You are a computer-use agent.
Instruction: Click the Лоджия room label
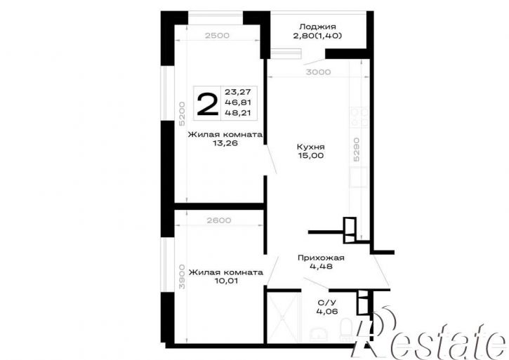click(x=317, y=27)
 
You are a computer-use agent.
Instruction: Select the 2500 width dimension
click(x=217, y=36)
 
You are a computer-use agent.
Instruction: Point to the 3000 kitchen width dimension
click(x=318, y=72)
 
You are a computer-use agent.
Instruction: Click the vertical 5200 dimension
click(x=182, y=114)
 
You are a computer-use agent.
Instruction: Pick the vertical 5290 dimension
click(x=357, y=149)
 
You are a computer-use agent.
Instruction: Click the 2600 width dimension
click(x=219, y=221)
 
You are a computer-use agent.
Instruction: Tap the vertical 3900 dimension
click(x=182, y=276)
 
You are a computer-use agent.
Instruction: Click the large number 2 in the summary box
click(x=207, y=104)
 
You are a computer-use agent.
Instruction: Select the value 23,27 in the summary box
click(x=238, y=92)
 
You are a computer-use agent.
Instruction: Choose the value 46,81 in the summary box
click(x=238, y=102)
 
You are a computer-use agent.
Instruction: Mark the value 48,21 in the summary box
click(x=238, y=113)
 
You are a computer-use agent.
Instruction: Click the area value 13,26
click(x=225, y=143)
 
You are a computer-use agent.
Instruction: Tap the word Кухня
click(x=310, y=147)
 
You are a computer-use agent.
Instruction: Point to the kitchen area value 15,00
click(x=310, y=156)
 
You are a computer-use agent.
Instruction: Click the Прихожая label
click(x=321, y=258)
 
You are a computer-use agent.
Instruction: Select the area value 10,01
click(x=226, y=281)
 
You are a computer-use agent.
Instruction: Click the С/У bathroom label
click(x=326, y=303)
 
